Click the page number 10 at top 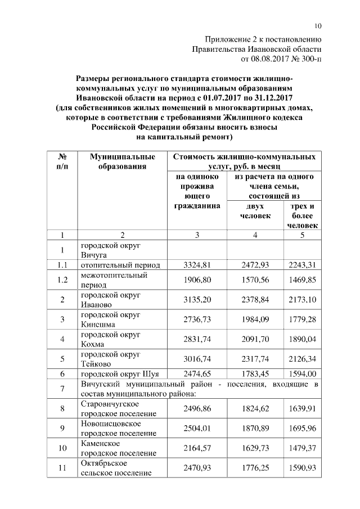click(x=318, y=26)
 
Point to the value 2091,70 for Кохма click(x=255, y=340)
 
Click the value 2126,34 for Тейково click(x=302, y=359)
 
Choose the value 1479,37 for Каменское click(x=302, y=448)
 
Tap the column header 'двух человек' click(x=255, y=211)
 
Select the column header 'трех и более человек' click(x=302, y=215)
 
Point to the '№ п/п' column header click(x=62, y=161)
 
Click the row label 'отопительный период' click(x=120, y=265)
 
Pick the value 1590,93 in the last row click(x=302, y=468)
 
